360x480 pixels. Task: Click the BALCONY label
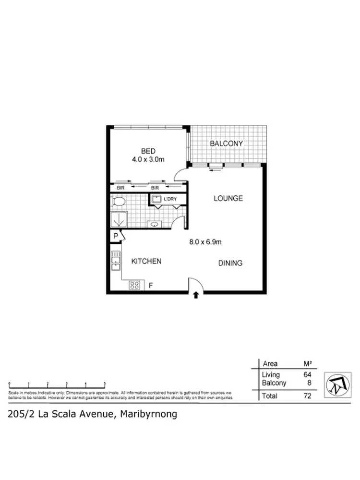tap(227, 144)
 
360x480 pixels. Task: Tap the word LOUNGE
tap(228, 198)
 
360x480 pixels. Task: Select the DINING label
tap(230, 263)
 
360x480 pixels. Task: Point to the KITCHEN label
tap(146, 262)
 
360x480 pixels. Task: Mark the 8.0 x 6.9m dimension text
tap(205, 242)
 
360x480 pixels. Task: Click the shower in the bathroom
tap(118, 220)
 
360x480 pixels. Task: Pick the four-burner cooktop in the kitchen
tap(135, 285)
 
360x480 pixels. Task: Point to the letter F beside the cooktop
tap(150, 286)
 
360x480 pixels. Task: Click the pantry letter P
tap(115, 237)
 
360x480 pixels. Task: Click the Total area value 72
tap(307, 396)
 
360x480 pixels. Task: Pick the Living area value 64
tap(307, 374)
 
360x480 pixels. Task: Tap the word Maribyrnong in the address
tap(148, 414)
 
